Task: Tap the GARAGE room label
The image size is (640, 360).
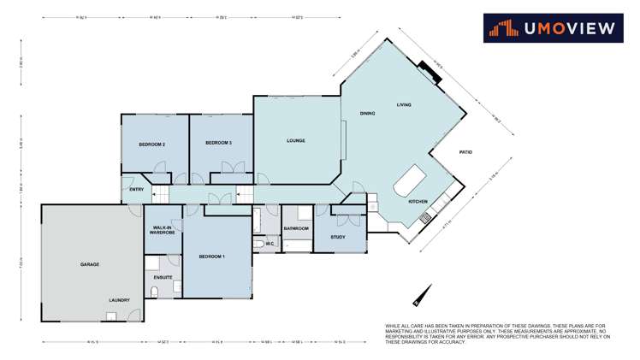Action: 90,264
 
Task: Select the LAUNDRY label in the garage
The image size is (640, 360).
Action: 119,300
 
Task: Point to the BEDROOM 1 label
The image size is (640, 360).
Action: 211,257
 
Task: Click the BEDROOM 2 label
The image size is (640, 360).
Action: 151,145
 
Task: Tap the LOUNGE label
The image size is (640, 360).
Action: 295,140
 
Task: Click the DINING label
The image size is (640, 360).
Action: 368,113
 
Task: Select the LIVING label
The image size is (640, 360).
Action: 404,104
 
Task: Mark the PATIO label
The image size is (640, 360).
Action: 465,152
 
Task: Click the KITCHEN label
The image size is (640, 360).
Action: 418,201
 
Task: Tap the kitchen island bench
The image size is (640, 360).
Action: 410,181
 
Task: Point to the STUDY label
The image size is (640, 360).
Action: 337,237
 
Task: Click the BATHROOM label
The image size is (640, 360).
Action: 296,228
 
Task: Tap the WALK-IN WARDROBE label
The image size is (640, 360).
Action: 163,230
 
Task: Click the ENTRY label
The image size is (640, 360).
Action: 136,190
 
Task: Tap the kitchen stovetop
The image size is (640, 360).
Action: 426,218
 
